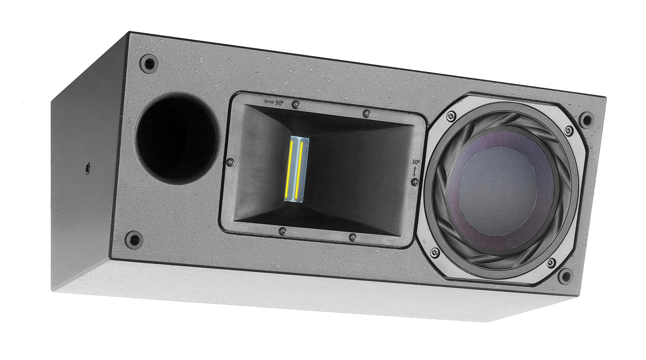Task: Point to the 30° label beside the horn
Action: (416, 162)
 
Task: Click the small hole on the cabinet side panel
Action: (87, 166)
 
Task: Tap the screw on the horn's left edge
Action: (231, 162)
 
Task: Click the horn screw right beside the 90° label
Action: (295, 104)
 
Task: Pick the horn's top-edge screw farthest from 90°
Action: (366, 113)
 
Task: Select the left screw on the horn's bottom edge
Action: (282, 231)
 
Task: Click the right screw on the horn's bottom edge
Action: (353, 237)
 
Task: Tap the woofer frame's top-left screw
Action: (451, 115)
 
